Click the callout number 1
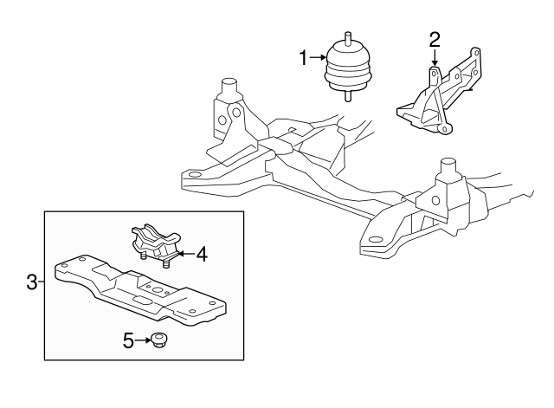tap(303, 58)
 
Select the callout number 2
tap(435, 40)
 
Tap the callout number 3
tap(32, 282)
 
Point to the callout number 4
tap(202, 254)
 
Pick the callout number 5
tap(128, 340)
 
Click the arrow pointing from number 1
tap(318, 57)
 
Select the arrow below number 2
tap(435, 58)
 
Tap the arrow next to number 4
tap(185, 254)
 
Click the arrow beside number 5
tap(142, 340)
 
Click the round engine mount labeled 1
tap(348, 70)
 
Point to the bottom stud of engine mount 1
tap(348, 96)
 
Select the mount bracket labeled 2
tap(439, 93)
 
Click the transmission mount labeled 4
tap(155, 244)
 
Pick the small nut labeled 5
tap(158, 340)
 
